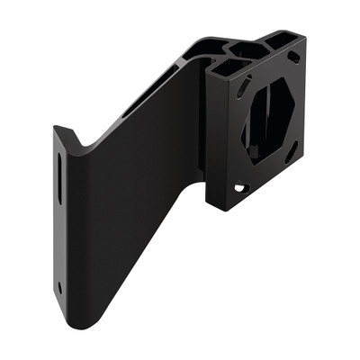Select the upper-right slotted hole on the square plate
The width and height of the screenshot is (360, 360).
click(x=293, y=57)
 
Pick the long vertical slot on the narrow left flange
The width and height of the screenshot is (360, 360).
click(x=60, y=175)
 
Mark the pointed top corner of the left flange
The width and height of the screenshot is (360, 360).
click(x=56, y=127)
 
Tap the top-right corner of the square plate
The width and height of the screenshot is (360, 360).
click(x=304, y=38)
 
